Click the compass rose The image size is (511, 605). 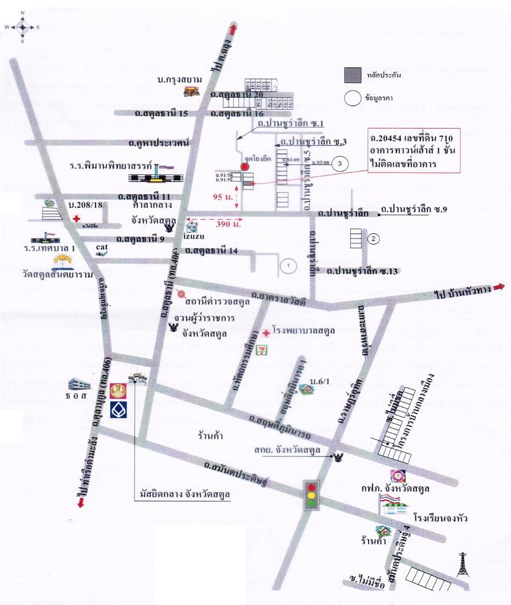[22, 26]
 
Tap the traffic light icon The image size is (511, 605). [311, 493]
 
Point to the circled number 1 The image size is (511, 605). [288, 265]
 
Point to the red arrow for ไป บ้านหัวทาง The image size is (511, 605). [500, 287]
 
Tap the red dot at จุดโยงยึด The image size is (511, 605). [245, 167]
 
